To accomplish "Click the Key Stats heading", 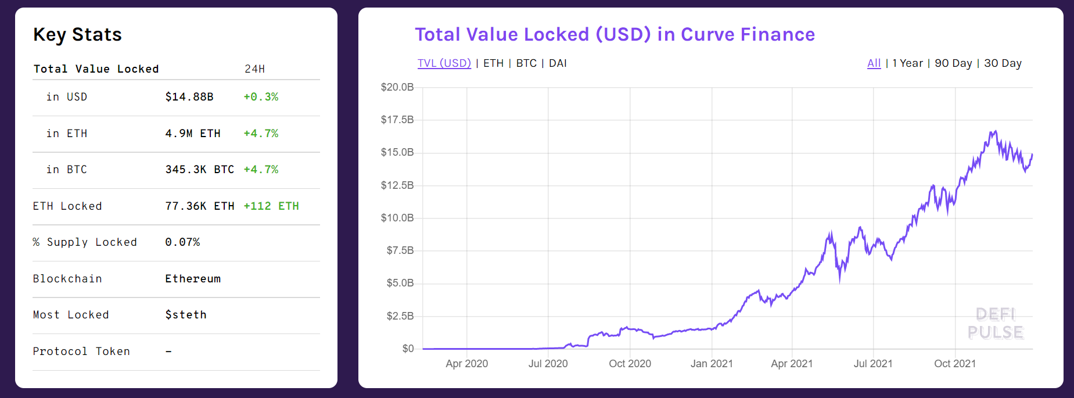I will [77, 35].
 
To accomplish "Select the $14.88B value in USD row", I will [189, 97].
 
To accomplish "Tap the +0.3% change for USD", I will [261, 97].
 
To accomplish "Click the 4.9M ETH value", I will [193, 134].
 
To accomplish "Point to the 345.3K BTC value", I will [200, 170].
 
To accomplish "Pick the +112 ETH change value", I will [271, 206].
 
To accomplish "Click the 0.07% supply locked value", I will [182, 242].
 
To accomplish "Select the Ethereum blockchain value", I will [193, 279].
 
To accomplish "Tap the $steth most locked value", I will [186, 315].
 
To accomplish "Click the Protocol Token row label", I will [81, 352].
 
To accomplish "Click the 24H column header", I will [254, 69].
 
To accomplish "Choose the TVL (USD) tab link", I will [444, 63].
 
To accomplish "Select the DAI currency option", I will [558, 63].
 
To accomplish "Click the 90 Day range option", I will [953, 63].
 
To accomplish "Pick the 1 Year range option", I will [908, 63].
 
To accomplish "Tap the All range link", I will [874, 63].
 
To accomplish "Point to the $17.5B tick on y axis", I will [397, 120].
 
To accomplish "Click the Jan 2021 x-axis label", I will [712, 364].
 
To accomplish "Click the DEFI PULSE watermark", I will [996, 324].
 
